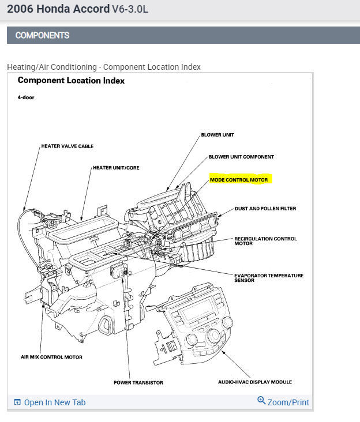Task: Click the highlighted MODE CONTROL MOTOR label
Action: point(239,180)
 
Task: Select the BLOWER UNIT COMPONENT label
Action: point(241,157)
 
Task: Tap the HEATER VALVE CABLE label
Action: point(67,146)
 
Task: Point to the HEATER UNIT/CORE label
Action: point(116,168)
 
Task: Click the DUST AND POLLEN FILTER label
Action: point(265,209)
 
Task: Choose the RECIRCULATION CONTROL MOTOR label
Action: point(265,241)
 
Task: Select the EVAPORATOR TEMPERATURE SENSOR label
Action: point(269,278)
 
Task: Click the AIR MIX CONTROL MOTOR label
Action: point(51,357)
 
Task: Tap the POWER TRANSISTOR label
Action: point(138,382)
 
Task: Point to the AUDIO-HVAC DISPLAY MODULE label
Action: point(254,382)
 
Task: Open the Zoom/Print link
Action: point(288,402)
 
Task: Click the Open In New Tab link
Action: point(54,402)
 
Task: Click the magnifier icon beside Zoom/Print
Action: point(261,401)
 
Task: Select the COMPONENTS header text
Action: point(42,35)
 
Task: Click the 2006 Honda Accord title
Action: point(58,9)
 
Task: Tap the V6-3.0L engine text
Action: point(130,10)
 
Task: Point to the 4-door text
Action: point(26,97)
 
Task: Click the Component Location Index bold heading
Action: point(71,81)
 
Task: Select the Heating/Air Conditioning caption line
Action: point(104,67)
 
